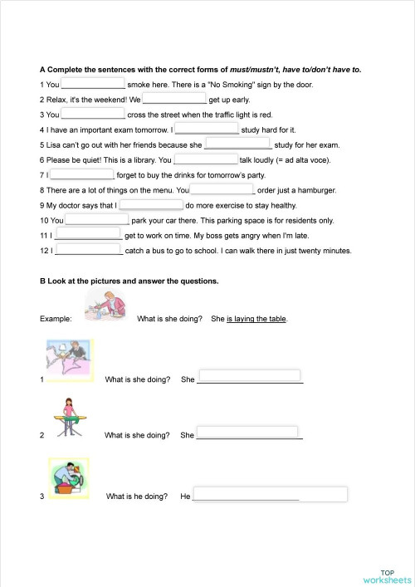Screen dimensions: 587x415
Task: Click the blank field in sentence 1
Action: pyautogui.click(x=93, y=83)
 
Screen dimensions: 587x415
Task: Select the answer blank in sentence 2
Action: pyautogui.click(x=173, y=98)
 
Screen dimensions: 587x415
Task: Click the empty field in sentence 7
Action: pyautogui.click(x=82, y=174)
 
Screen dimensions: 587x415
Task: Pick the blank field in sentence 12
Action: pyautogui.click(x=89, y=249)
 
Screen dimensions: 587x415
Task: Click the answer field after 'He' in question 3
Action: pyautogui.click(x=269, y=495)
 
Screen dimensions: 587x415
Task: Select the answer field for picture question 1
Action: pyautogui.click(x=250, y=376)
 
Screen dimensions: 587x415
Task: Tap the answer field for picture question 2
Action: pyautogui.click(x=247, y=433)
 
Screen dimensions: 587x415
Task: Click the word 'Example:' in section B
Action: pyautogui.click(x=56, y=319)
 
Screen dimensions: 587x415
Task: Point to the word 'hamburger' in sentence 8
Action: pyautogui.click(x=316, y=189)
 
